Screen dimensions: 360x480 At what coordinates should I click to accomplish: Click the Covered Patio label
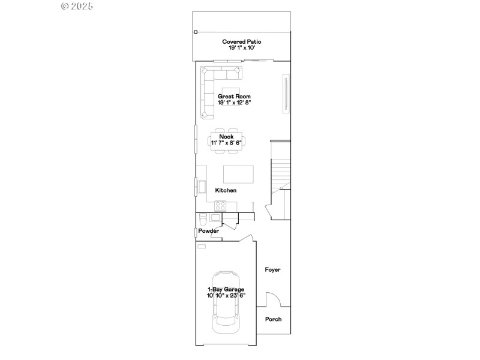242,42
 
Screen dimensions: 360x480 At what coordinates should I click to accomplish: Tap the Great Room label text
234,96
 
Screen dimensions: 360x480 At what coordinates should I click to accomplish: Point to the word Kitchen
226,190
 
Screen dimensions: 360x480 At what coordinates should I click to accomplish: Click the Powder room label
209,230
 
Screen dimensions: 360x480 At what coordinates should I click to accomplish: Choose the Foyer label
273,270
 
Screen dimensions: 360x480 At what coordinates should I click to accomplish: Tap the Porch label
273,319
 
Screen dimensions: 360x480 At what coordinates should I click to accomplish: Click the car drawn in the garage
226,318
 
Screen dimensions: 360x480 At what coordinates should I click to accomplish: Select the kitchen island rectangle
238,174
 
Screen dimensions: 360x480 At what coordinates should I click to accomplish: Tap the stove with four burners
220,205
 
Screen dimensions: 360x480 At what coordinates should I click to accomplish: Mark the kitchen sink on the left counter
202,187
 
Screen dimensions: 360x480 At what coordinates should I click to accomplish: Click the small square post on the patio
195,32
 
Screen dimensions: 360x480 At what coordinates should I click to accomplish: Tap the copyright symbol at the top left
65,6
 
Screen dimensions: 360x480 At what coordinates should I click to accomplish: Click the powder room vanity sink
215,217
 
